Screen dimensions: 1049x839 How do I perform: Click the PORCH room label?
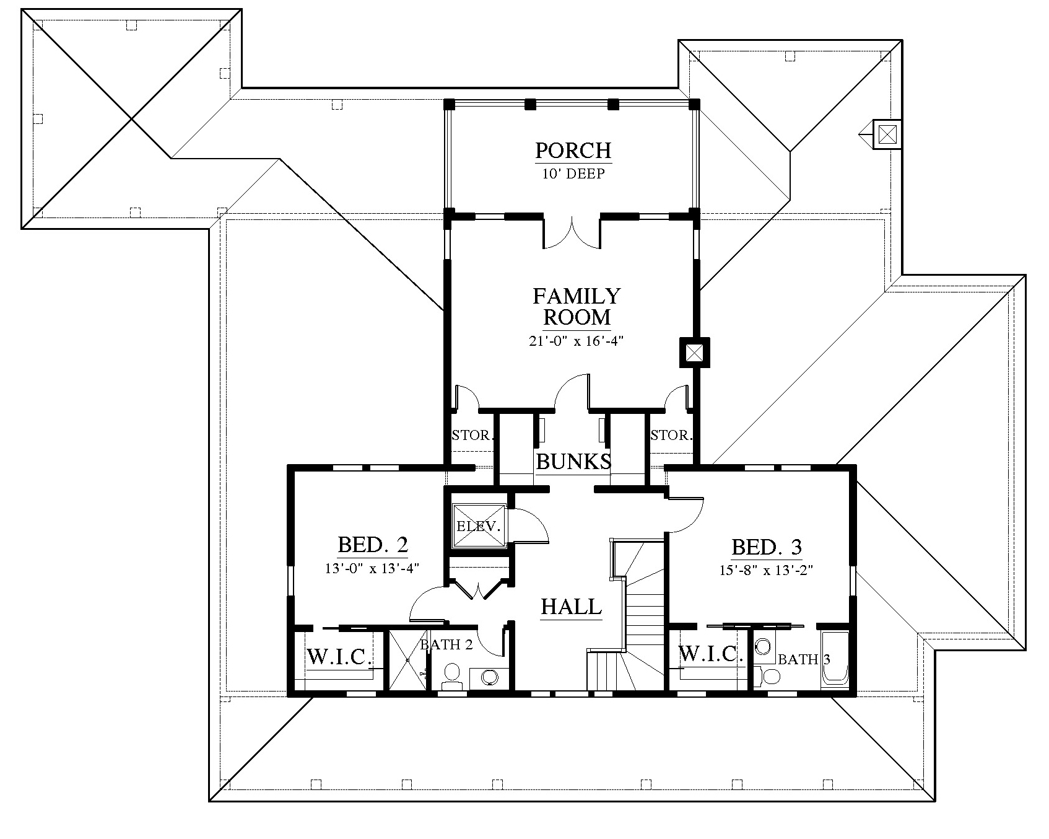coord(573,151)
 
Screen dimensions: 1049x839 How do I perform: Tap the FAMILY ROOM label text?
coord(577,307)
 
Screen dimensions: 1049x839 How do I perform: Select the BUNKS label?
coord(573,462)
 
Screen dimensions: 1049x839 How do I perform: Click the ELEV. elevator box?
coord(479,526)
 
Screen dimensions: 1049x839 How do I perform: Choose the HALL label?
coord(572,607)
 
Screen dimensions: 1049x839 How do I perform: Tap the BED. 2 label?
coord(373,545)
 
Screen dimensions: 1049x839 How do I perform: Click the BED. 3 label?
coord(767,547)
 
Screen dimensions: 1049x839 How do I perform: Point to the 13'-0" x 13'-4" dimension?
coord(373,568)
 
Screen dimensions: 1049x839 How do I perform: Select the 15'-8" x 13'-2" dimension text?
coord(766,570)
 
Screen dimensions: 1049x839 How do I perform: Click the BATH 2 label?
coord(446,645)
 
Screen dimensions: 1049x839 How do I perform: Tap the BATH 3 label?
coord(804,659)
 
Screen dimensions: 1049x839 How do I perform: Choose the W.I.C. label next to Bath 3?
coord(711,654)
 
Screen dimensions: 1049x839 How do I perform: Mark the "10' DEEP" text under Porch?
coord(574,174)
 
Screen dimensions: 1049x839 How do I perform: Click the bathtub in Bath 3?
coord(835,661)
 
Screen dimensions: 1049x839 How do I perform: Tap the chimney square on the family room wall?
coord(694,353)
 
